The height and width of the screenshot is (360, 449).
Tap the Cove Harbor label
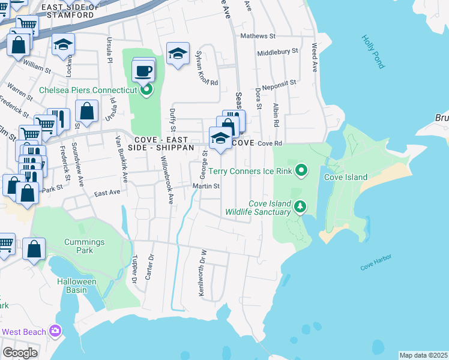[376, 261]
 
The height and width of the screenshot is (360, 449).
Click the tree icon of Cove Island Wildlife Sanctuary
[300, 208]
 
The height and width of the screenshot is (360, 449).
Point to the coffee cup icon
[143, 71]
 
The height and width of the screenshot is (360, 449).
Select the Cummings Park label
[85, 246]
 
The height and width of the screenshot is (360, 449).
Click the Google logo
[20, 353]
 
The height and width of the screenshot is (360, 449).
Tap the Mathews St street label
[258, 36]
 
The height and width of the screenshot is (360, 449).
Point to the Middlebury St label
[277, 52]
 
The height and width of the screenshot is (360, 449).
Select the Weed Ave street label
[313, 57]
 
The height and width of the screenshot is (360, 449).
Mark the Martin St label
[206, 186]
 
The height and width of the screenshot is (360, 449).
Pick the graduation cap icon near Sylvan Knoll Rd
[178, 53]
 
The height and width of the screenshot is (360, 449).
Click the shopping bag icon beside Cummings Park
[34, 248]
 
